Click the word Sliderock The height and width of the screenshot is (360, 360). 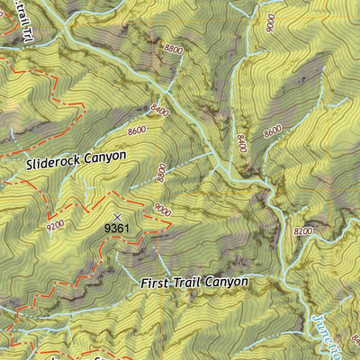(56, 164)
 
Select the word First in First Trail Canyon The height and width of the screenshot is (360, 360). (156, 283)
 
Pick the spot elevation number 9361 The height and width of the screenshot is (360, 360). (117, 228)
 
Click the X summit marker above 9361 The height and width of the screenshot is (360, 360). (117, 216)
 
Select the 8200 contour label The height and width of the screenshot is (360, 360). (304, 232)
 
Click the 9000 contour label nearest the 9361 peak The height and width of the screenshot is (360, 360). (162, 210)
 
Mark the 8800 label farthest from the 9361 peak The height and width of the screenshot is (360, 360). (174, 50)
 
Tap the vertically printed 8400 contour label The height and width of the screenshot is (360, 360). (241, 142)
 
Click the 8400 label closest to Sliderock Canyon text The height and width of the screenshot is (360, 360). (161, 110)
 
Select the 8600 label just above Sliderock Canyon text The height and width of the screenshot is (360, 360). (137, 130)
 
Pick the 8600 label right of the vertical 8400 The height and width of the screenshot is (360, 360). (273, 130)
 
